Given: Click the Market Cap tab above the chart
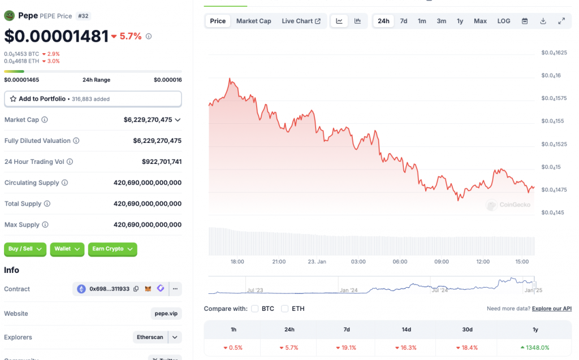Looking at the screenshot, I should (253, 21).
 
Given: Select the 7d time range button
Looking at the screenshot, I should (404, 21).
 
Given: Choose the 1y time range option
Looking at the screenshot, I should (460, 21).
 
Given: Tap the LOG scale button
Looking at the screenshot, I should (504, 21).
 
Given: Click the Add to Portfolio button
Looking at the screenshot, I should (93, 99).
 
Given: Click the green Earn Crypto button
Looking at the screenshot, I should (113, 249).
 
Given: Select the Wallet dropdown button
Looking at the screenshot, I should (67, 249).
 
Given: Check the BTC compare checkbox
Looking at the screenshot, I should (255, 309).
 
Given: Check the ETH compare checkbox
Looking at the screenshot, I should (285, 309).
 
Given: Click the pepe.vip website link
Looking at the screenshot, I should (166, 314).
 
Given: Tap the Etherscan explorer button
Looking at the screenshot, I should (150, 337).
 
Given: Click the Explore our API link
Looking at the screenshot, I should (552, 309).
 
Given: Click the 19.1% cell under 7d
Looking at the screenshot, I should (346, 348).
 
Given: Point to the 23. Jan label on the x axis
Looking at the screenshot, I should (317, 262).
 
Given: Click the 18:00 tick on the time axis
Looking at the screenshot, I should (237, 262).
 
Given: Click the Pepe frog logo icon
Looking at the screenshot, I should (9, 16).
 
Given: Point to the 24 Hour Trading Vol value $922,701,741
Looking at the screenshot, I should (162, 162).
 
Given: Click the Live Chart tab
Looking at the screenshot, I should (301, 21).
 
